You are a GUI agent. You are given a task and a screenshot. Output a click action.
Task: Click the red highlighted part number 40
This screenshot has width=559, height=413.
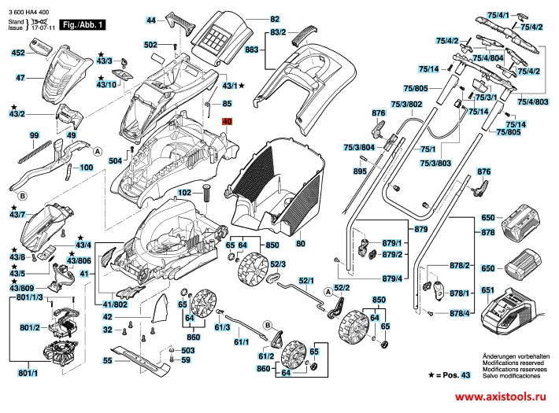pos(228,122)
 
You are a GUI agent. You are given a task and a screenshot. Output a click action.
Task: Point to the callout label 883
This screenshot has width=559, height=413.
pos(252,50)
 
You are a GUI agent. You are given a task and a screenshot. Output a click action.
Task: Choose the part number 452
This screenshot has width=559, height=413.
pos(18,53)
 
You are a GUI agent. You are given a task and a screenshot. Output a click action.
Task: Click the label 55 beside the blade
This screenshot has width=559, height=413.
pos(107,360)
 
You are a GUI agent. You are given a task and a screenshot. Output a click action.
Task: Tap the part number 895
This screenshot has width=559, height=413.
pos(361,171)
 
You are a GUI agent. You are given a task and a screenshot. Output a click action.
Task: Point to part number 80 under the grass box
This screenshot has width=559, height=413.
pos(299,245)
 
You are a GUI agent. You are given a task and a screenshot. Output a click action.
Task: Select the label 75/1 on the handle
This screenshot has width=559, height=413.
pos(428,149)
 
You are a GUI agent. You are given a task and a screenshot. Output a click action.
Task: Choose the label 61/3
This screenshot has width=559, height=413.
pos(221,326)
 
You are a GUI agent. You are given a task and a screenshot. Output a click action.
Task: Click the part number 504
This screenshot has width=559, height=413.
pos(115,160)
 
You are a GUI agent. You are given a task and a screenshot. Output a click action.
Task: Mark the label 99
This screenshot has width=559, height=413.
pos(34,136)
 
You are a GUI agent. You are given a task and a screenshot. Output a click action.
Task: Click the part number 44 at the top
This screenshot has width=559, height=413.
pos(152,19)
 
